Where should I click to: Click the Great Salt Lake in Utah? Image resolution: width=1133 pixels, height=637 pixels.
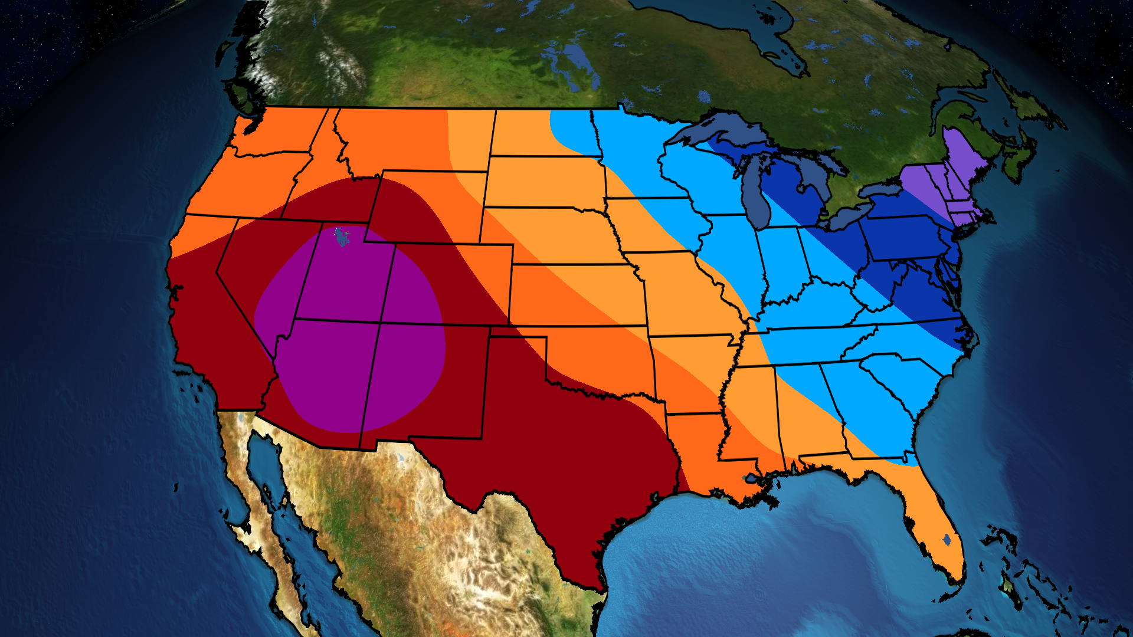[x=340, y=237]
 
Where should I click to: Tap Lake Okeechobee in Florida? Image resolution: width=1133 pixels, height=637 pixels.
[x=947, y=539]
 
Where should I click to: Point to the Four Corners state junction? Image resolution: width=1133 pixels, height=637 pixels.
[x=380, y=322]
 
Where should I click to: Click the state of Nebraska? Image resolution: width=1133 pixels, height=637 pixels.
[x=549, y=233]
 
